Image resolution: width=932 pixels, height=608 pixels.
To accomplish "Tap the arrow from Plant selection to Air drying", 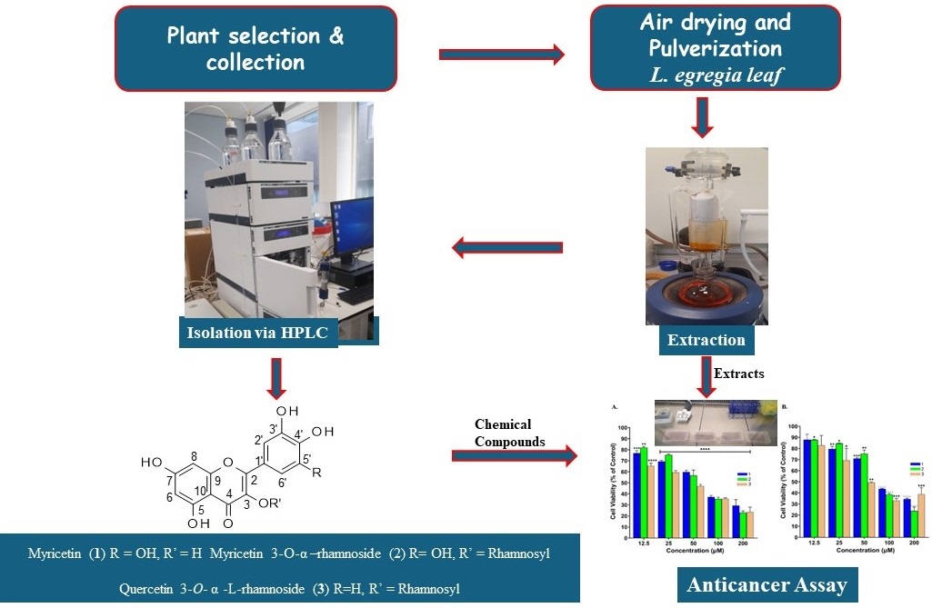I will click(501, 55).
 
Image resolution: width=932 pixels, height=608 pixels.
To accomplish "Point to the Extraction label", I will click(706, 341).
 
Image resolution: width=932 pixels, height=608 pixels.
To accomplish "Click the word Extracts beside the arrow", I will click(739, 374).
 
